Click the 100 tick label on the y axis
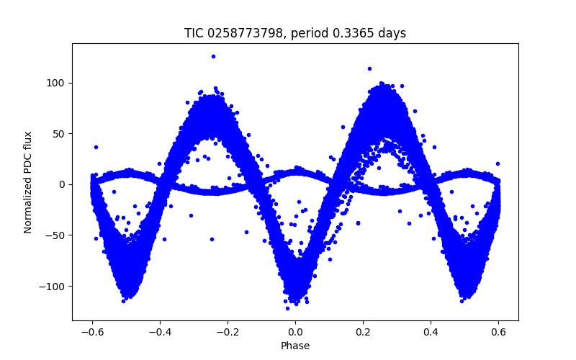coord(56,83)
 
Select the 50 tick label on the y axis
coord(59,134)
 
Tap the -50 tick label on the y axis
coord(56,235)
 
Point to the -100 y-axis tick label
coord(53,287)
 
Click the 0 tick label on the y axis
coord(62,184)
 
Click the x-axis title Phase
coord(295,346)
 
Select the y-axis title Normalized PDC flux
coord(28,181)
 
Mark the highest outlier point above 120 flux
coord(213,56)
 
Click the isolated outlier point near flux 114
coord(369,69)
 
